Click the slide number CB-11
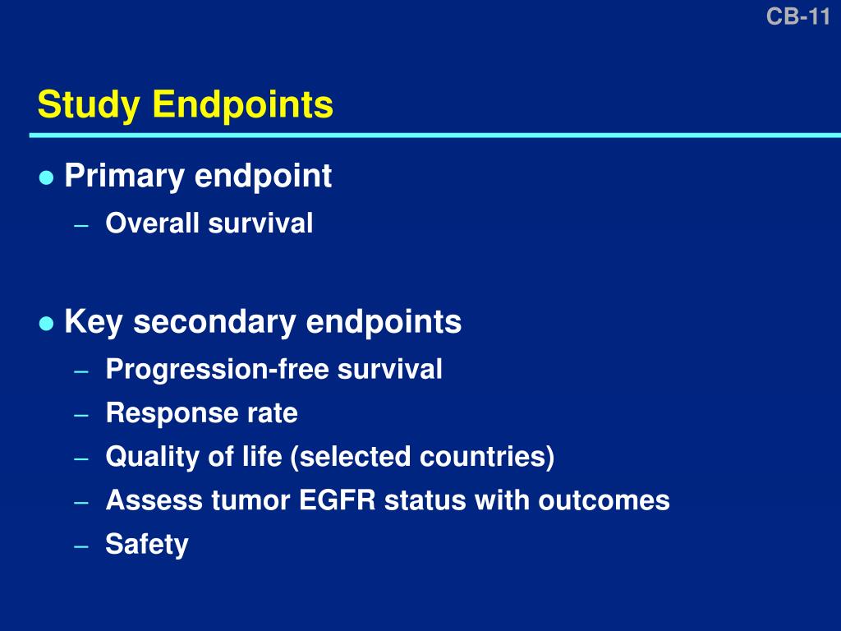pyautogui.click(x=797, y=16)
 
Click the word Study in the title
pyautogui.click(x=90, y=105)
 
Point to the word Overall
pyautogui.click(x=153, y=223)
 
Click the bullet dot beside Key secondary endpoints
pyautogui.click(x=46, y=323)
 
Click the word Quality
pyautogui.click(x=153, y=457)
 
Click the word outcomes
pyautogui.click(x=604, y=500)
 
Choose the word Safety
pyautogui.click(x=147, y=544)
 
